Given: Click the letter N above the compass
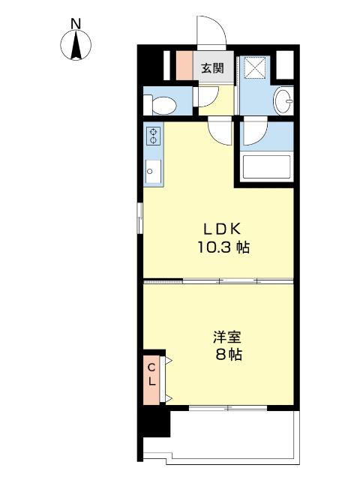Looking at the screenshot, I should pos(76,23).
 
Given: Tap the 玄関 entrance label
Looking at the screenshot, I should pos(213,67).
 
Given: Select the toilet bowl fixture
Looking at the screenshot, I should pos(164,103).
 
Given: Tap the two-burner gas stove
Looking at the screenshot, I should pos(152,136).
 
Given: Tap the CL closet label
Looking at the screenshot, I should pos(151,375).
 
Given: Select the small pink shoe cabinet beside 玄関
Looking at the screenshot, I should pos(184,66).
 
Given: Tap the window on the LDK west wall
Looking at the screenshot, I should pos(139,223).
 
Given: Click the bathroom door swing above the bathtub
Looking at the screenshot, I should pos(253,133).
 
